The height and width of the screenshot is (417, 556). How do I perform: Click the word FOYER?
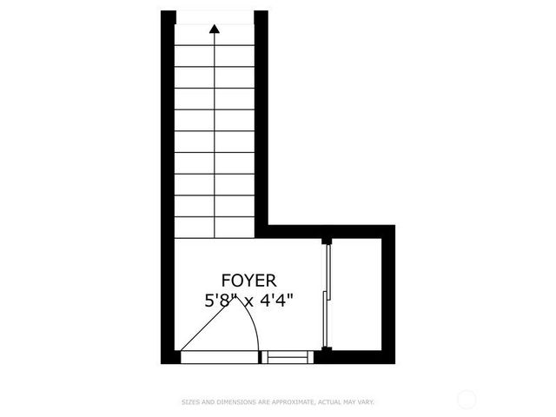coord(248,281)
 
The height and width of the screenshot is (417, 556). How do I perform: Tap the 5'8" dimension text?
coord(219,301)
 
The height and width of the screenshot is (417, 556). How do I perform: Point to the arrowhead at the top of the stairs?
coord(215,30)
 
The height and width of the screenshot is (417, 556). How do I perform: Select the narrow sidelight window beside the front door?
coord(288,356)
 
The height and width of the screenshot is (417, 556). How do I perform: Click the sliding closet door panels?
coord(326,295)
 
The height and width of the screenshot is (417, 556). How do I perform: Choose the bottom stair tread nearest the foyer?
coord(215,228)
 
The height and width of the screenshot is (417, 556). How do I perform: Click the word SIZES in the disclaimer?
coord(190,402)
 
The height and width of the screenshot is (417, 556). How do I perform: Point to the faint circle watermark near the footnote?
coord(467,400)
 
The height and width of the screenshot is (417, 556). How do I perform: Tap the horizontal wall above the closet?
coord(330,231)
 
